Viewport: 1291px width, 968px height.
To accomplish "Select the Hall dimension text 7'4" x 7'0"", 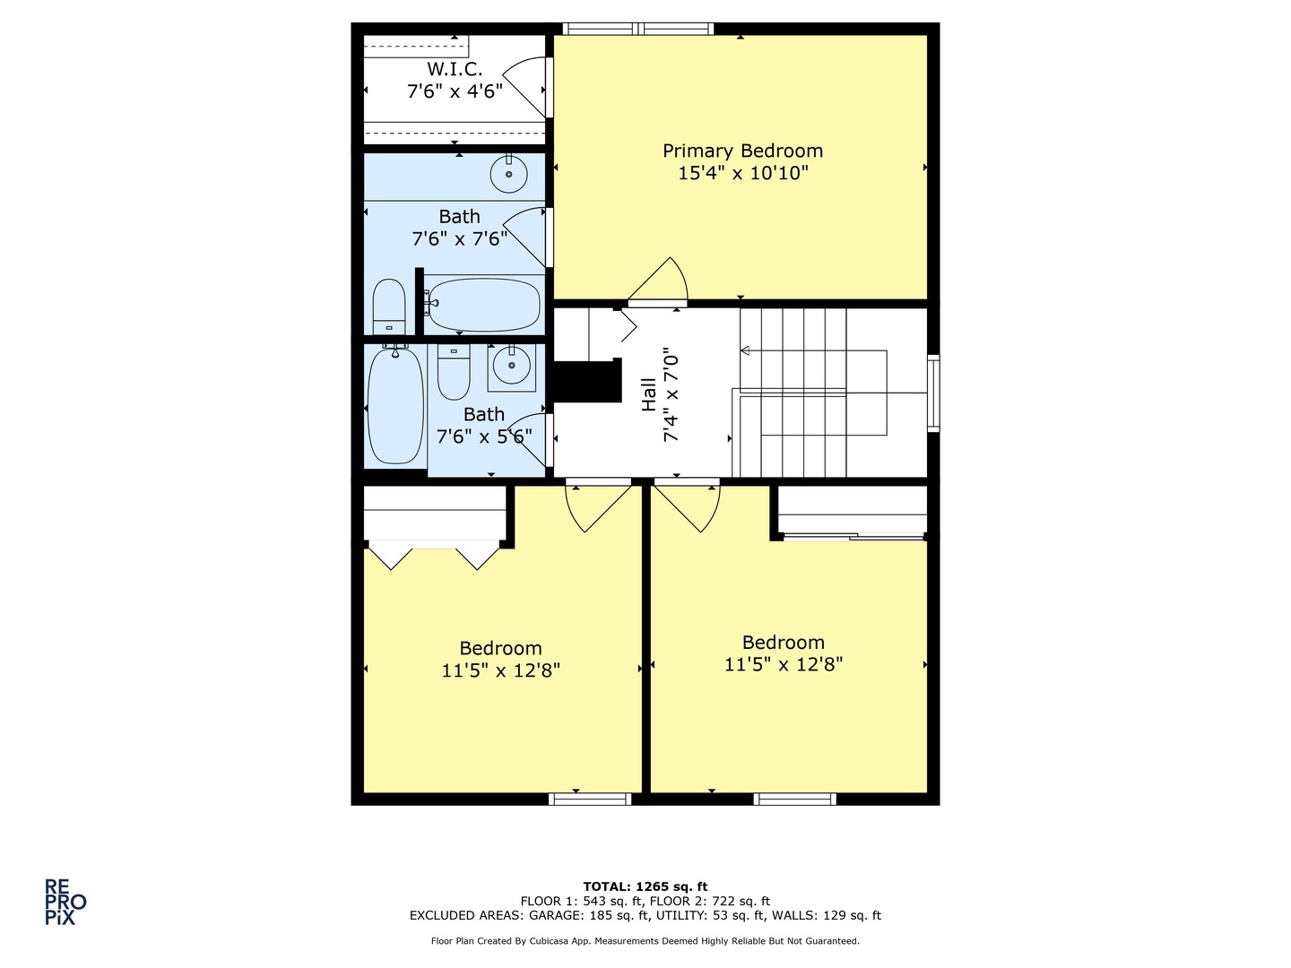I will point(671,395).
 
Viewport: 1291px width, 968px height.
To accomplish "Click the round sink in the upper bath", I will point(508,174).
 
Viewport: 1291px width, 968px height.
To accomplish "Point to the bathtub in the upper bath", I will point(483,305).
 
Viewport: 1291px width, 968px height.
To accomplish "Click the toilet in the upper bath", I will point(389,307).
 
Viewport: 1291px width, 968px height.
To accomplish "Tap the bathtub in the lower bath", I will point(395,406).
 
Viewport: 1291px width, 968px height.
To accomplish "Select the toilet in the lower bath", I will point(454,371).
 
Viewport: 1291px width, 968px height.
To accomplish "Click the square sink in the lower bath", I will point(512,367).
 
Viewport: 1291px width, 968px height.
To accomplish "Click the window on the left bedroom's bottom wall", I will point(590,799).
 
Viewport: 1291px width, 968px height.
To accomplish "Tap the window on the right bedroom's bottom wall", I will point(795,799).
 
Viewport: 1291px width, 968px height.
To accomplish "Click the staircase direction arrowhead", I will point(745,350).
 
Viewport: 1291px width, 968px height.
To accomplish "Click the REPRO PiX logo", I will point(65,902).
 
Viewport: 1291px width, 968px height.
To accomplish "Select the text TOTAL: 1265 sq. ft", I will point(645,886).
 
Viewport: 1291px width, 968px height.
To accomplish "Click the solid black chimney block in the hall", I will point(588,381).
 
